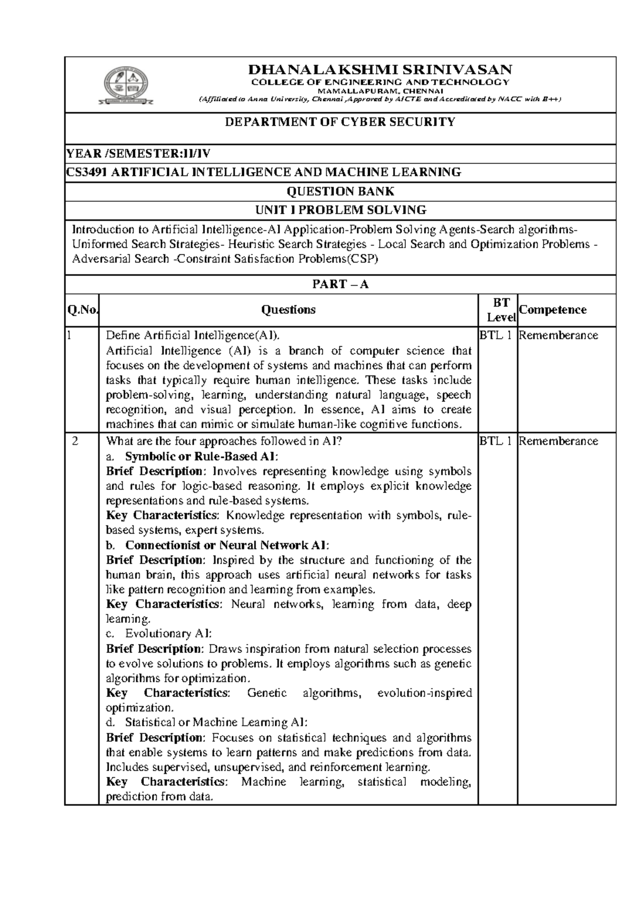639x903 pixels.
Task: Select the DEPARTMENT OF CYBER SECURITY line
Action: click(340, 122)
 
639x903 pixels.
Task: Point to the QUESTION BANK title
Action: click(340, 191)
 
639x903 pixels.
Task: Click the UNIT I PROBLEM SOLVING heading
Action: click(340, 210)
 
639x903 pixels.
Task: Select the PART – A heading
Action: click(340, 284)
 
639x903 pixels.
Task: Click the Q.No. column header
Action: click(81, 310)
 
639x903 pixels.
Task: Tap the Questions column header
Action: click(289, 310)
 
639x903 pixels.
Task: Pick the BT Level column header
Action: click(501, 310)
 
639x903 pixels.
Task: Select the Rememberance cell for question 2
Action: click(558, 441)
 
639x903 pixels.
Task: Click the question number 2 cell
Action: click(76, 441)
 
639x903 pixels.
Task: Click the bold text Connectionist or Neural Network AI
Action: click(227, 545)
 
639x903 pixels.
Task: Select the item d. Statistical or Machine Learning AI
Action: click(215, 723)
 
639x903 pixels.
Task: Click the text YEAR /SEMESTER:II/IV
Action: click(138, 154)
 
